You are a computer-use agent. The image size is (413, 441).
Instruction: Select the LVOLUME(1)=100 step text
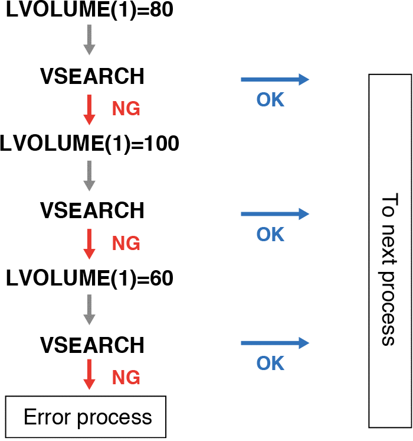click(90, 144)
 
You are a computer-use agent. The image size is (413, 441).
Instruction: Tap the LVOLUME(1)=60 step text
click(88, 278)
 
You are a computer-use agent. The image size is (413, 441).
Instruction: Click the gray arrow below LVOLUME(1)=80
click(89, 40)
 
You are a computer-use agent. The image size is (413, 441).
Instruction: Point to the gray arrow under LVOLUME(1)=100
click(89, 175)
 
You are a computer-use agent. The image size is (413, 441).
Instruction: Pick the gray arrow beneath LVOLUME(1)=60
click(89, 309)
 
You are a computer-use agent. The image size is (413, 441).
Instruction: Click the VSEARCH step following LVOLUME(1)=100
click(91, 210)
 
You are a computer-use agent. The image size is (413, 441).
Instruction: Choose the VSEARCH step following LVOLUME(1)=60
click(91, 344)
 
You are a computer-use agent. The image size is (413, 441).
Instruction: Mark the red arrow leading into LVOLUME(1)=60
click(89, 243)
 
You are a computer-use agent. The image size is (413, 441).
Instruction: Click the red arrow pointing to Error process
click(89, 374)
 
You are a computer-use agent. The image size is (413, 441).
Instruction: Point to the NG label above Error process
click(126, 377)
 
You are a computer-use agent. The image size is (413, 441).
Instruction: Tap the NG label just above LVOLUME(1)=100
click(126, 109)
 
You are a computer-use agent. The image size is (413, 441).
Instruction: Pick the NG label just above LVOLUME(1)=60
click(126, 243)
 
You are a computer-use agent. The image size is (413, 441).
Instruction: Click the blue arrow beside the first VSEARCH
click(275, 80)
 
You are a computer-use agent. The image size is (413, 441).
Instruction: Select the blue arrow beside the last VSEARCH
click(275, 343)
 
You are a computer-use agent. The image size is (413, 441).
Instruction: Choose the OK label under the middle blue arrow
click(270, 235)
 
